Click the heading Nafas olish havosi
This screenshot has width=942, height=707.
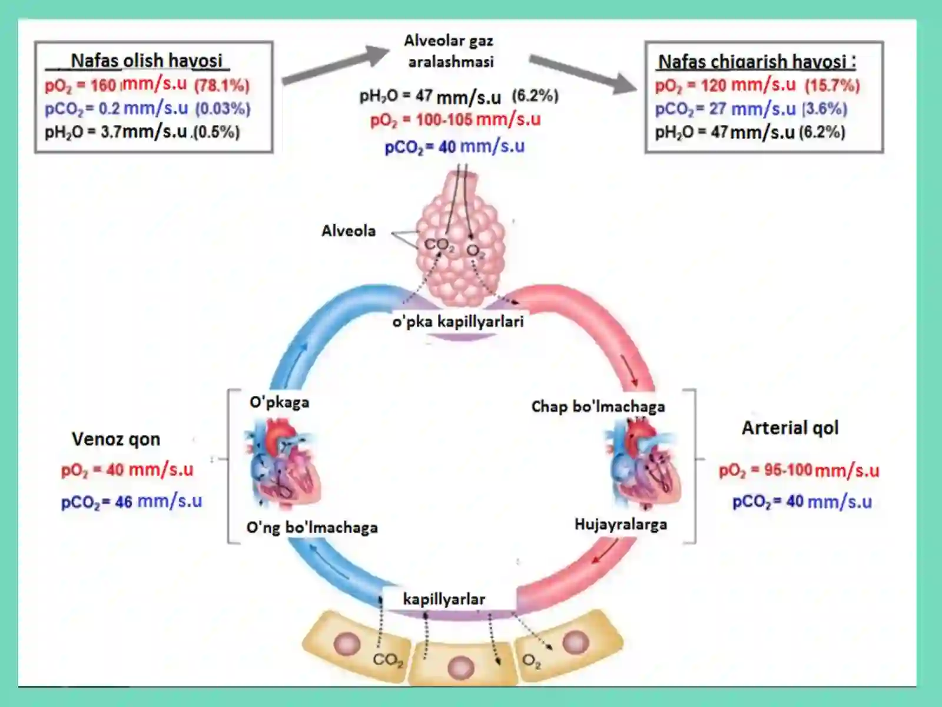(147, 61)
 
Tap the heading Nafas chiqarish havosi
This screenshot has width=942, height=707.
(757, 62)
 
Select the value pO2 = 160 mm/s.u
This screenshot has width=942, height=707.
(116, 85)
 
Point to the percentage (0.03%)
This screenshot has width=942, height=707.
(223, 108)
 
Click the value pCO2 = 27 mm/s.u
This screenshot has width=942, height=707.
(725, 109)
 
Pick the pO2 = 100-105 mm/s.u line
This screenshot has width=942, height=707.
(455, 120)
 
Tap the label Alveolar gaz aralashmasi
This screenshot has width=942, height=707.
(449, 51)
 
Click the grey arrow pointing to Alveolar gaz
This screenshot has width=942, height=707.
(336, 65)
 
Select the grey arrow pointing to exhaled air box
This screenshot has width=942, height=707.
(583, 74)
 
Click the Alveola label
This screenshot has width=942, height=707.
(349, 231)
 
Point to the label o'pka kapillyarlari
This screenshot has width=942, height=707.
(458, 322)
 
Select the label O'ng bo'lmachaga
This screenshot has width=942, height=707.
(312, 527)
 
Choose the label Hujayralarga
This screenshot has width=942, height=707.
(621, 524)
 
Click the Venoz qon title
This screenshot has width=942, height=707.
(116, 439)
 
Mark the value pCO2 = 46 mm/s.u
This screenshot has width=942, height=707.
(131, 501)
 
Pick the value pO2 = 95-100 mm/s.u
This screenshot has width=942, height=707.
(799, 471)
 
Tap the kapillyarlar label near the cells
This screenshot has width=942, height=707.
(444, 599)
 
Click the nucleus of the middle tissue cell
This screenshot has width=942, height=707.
(461, 668)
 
